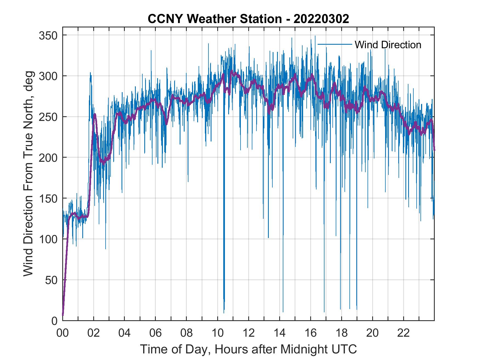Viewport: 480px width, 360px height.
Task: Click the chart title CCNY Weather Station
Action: pyautogui.click(x=215, y=19)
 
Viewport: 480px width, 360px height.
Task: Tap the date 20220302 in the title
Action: pyautogui.click(x=321, y=19)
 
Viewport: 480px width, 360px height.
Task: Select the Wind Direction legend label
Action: pyautogui.click(x=388, y=45)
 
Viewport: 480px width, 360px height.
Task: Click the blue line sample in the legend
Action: pyautogui.click(x=334, y=44)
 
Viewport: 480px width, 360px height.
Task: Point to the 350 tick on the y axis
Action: pyautogui.click(x=48, y=35)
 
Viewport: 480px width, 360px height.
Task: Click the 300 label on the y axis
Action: pyautogui.click(x=48, y=76)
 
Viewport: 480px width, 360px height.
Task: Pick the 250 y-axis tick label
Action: pyautogui.click(x=48, y=117)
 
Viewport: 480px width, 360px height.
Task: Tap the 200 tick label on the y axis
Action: pyautogui.click(x=48, y=158)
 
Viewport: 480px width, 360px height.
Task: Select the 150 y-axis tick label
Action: pyautogui.click(x=48, y=198)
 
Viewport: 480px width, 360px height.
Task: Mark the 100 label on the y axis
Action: pyautogui.click(x=48, y=239)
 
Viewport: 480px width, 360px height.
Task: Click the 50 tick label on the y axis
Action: pyautogui.click(x=51, y=280)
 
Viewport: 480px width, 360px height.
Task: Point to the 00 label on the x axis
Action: pyautogui.click(x=63, y=333)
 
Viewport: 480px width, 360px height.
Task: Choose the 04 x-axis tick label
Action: pyautogui.click(x=125, y=333)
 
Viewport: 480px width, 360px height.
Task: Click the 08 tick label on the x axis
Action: pyautogui.click(x=187, y=333)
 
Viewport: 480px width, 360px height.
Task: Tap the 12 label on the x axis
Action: pyautogui.click(x=249, y=333)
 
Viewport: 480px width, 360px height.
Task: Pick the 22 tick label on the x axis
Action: pyautogui.click(x=403, y=333)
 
